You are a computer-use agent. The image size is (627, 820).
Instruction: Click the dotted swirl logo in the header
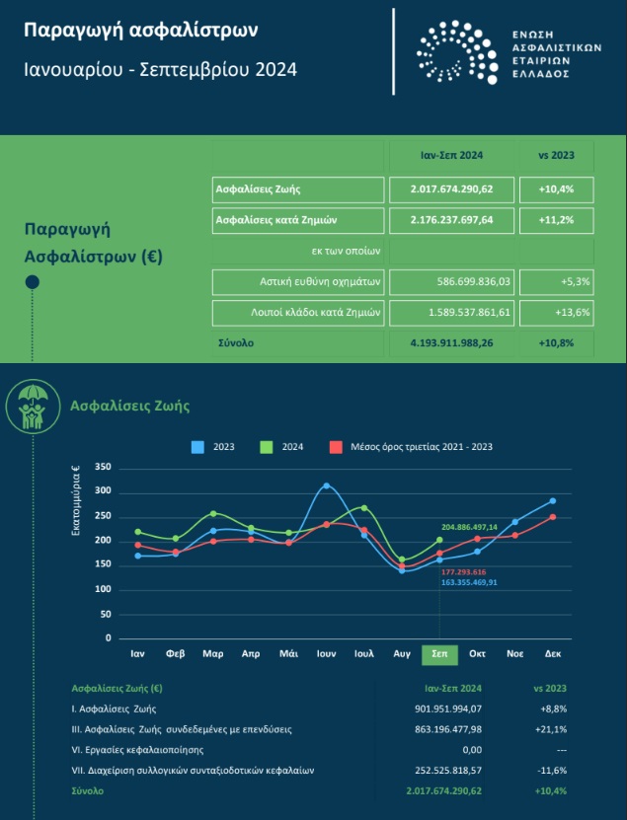[x=457, y=51]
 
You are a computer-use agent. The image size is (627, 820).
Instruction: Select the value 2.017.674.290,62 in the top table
[x=451, y=189]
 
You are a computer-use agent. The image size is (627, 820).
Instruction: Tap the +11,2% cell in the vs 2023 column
[x=556, y=220]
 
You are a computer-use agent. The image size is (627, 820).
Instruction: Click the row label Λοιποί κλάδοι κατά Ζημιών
[x=315, y=313]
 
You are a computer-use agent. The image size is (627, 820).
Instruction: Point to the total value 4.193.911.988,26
[x=451, y=343]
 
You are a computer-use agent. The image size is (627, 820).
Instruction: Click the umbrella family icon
[x=33, y=407]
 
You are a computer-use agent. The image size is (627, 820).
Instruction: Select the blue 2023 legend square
[x=197, y=447]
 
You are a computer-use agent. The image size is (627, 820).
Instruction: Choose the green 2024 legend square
[x=267, y=447]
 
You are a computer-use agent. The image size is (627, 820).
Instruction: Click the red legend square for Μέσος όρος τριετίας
[x=336, y=447]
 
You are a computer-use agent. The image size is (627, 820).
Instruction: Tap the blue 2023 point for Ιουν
[x=327, y=485]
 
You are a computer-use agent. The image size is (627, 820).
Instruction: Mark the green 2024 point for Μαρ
[x=213, y=513]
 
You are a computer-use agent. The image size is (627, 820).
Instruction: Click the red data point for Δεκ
[x=553, y=517]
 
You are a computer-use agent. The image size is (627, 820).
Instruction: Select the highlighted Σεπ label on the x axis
[x=439, y=654]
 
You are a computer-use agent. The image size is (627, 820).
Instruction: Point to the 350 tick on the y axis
[x=103, y=467]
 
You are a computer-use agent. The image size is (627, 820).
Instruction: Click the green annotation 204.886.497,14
[x=469, y=527]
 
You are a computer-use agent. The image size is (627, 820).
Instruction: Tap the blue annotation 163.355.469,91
[x=469, y=582]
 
